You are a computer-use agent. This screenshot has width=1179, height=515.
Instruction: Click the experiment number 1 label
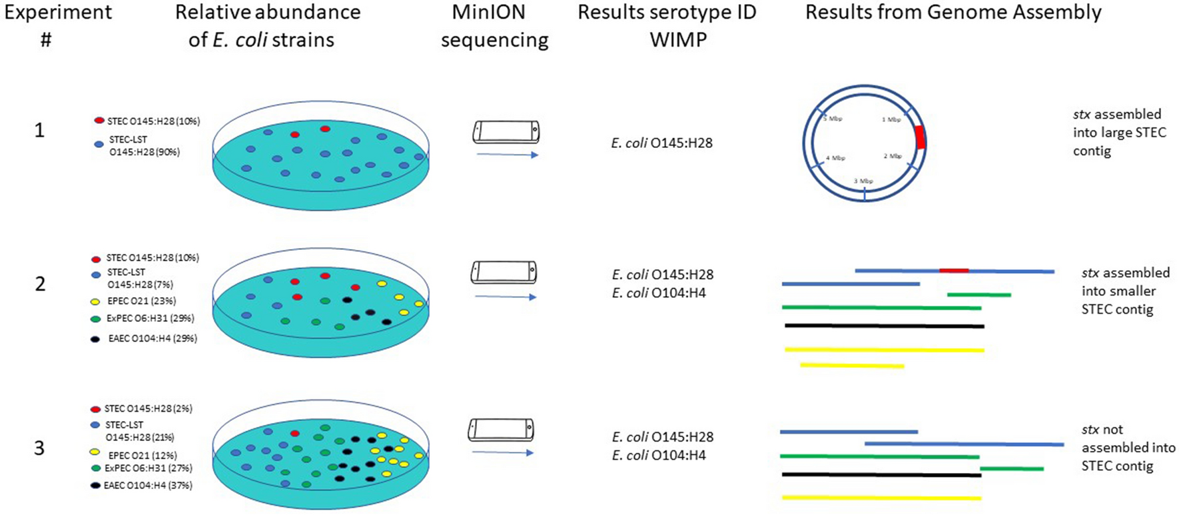pos(39,130)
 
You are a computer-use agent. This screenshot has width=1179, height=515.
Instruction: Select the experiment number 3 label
pos(39,448)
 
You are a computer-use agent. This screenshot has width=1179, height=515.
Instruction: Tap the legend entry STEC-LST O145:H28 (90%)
pos(144,145)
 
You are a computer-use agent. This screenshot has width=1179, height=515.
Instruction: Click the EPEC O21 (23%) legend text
pos(141,301)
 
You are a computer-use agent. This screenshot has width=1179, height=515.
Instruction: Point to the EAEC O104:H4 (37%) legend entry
pos(147,486)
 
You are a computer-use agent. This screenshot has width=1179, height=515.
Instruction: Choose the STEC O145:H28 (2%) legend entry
pos(147,408)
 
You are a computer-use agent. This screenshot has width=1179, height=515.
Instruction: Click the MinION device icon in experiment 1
pos(506,132)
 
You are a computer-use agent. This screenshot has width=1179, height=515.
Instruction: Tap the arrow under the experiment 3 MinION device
pos(502,453)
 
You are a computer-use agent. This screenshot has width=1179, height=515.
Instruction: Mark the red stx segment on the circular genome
pos(920,137)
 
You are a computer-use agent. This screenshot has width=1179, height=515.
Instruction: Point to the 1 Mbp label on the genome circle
pos(891,120)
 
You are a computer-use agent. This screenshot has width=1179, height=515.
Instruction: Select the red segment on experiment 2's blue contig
pos(953,270)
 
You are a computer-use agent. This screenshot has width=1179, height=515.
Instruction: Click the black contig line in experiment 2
pos(884,326)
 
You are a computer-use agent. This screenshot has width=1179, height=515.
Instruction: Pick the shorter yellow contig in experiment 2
pos(852,365)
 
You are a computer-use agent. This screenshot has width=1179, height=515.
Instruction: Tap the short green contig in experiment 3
pos(1011,469)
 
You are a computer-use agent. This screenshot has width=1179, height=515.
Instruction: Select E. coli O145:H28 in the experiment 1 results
pos(661,143)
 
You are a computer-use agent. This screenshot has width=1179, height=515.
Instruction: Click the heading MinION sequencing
pos(494,26)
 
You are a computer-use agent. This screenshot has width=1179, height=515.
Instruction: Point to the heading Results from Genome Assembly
pos(953,12)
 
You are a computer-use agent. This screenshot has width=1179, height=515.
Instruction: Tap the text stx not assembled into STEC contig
pos(1128,448)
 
